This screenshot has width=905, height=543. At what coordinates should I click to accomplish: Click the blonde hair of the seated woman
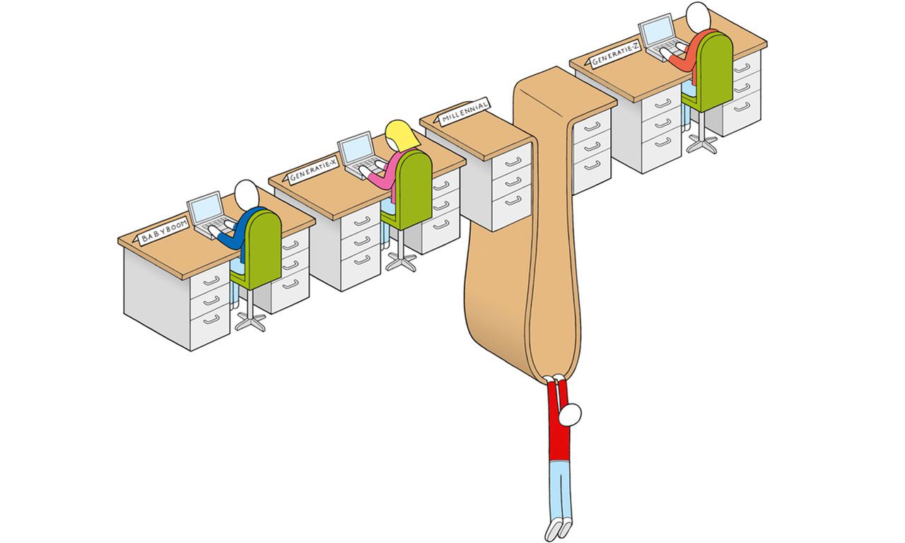[x=401, y=134]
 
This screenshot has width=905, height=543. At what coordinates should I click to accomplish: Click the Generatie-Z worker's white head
[x=698, y=16]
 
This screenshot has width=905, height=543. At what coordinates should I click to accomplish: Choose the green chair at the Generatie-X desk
[x=408, y=190]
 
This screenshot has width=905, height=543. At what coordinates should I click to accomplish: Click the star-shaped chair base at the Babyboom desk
[x=250, y=321]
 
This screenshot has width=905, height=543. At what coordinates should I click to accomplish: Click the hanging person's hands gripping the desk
[x=554, y=379]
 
